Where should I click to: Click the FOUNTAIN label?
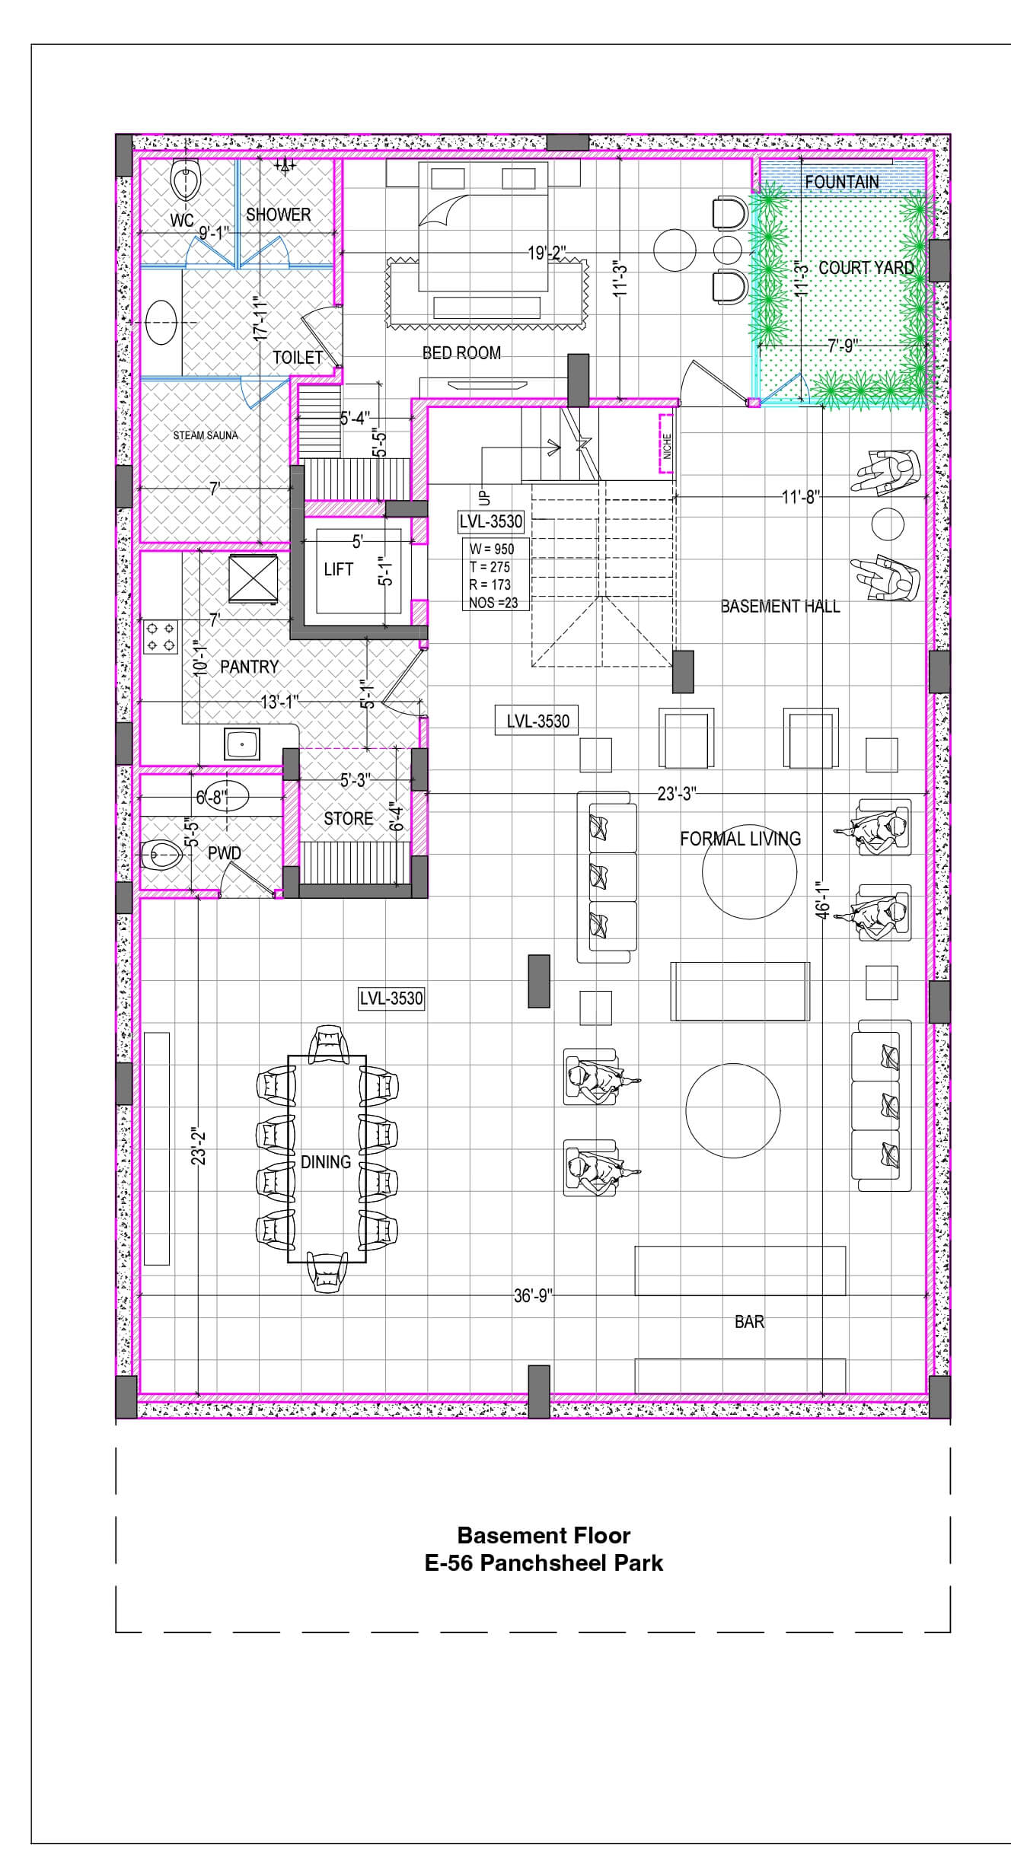point(841,183)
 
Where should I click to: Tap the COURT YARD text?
point(866,268)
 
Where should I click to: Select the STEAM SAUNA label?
point(206,435)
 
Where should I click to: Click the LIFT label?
point(338,569)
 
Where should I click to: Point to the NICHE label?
point(667,446)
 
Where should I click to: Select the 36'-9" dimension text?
point(533,1295)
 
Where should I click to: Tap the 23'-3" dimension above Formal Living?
point(676,794)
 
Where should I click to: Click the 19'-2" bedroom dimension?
point(547,253)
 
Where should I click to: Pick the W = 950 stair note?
point(492,549)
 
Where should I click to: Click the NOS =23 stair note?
point(493,603)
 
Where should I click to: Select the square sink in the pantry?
point(242,743)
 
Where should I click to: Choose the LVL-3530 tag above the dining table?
point(391,998)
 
